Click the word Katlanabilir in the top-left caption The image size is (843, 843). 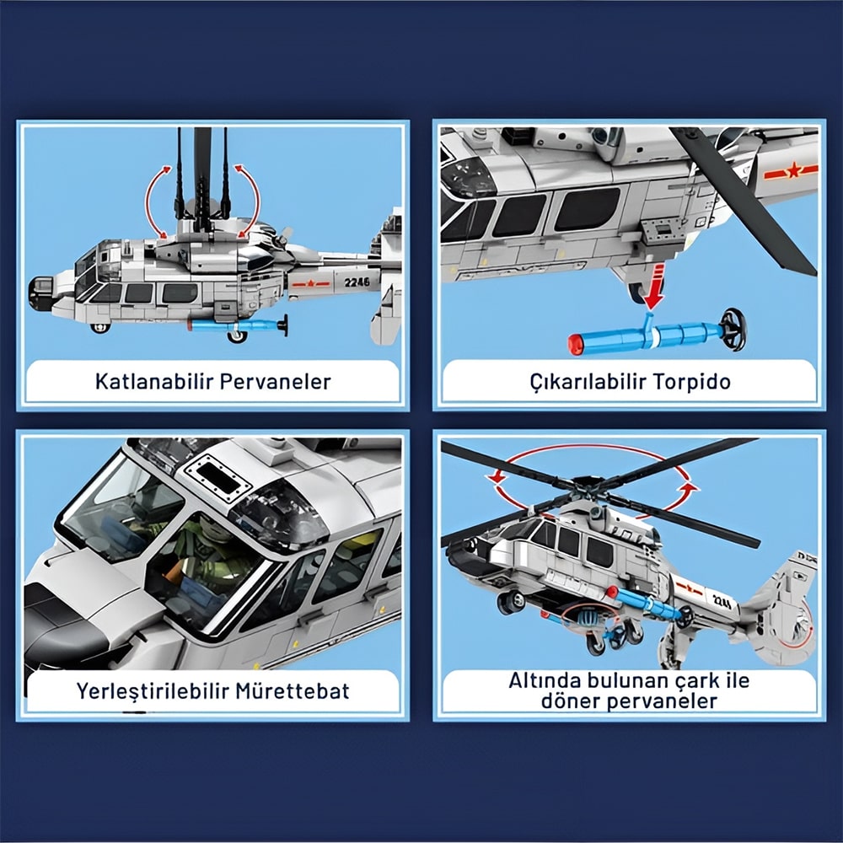coord(154,381)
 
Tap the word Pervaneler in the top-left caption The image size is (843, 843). coord(276,381)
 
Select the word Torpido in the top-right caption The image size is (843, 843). coord(692,382)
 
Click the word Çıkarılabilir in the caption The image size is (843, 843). coord(588,382)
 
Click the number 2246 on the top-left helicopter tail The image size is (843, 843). coord(357,282)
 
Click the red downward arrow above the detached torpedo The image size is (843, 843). coord(654,287)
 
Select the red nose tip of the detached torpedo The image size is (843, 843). coord(576,345)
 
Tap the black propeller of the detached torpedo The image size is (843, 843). coord(733,330)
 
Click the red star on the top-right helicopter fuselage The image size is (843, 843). coord(793,171)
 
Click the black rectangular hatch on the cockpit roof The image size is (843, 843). coord(218,478)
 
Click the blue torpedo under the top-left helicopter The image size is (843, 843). coord(237,325)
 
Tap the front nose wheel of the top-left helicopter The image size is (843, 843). coord(99,327)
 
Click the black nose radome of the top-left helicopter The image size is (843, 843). coord(40,293)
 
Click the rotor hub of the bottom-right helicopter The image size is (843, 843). coord(588,485)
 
